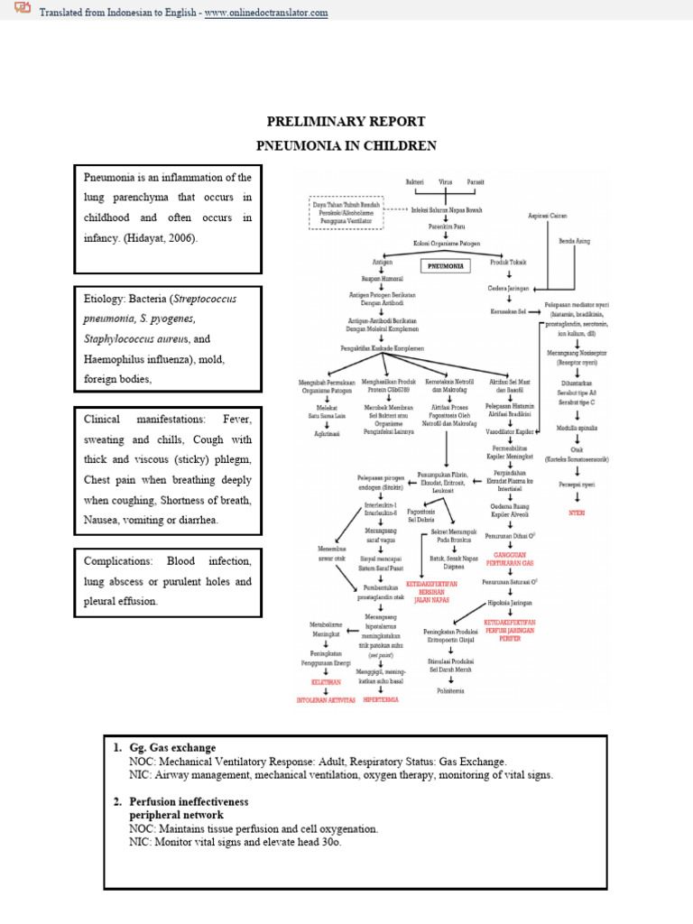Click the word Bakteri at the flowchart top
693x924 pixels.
click(414, 182)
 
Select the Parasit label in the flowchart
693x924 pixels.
click(476, 182)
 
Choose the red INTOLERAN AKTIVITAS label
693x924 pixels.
click(326, 698)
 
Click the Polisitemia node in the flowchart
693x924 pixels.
click(451, 690)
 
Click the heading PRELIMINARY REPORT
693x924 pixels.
click(346, 120)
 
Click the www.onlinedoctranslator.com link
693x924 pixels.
click(266, 14)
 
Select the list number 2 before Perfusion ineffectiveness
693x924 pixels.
click(117, 801)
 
